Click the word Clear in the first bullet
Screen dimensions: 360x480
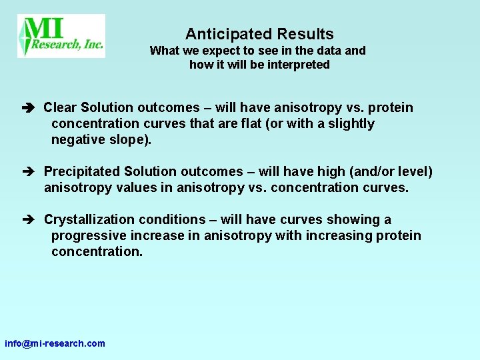click(x=61, y=107)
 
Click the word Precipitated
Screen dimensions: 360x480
click(x=82, y=171)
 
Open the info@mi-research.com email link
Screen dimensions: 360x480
click(x=55, y=343)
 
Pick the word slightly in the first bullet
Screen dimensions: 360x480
click(x=349, y=123)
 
